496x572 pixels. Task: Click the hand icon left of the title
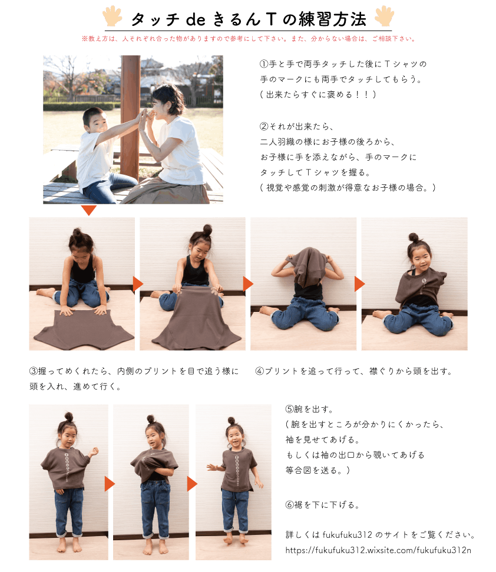pos(113,16)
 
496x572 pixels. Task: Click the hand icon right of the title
pos(384,16)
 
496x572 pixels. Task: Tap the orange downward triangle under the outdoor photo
pos(89,210)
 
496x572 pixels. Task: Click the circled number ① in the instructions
pos(264,64)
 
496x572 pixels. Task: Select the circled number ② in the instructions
pos(264,127)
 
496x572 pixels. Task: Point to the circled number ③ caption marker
pos(34,371)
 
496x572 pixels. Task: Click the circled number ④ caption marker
pos(260,371)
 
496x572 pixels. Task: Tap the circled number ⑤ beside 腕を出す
pos(290,410)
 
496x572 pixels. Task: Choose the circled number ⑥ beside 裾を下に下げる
pos(290,505)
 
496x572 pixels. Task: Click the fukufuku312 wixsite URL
pos(378,550)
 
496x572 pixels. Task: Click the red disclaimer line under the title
pos(249,39)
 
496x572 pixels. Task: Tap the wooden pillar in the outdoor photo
pos(130,117)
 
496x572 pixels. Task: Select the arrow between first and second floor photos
pos(138,284)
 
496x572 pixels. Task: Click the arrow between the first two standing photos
pos(110,484)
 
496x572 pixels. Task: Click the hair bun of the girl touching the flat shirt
pos(77,232)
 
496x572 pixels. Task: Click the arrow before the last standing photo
pos(192,484)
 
